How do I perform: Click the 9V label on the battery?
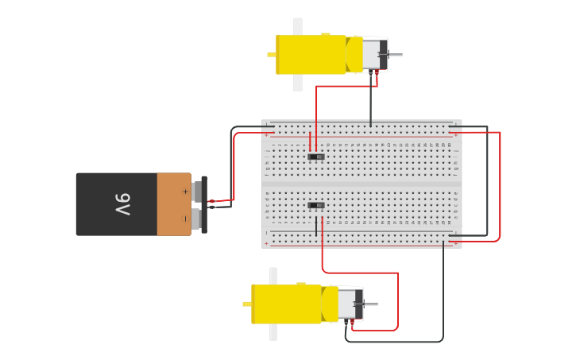click(x=122, y=204)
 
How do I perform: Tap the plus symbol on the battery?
click(x=185, y=192)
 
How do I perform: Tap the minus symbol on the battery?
click(x=185, y=218)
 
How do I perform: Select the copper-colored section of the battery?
click(x=173, y=204)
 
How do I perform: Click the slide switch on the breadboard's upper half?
click(x=316, y=157)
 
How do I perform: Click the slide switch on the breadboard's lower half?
click(x=316, y=205)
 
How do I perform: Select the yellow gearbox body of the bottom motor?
click(x=285, y=304)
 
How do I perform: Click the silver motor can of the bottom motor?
click(x=347, y=304)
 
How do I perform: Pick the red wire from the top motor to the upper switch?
click(x=316, y=111)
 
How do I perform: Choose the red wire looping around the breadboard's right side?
click(x=500, y=187)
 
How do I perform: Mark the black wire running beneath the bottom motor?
click(x=397, y=342)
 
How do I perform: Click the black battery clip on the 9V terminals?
click(x=204, y=204)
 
